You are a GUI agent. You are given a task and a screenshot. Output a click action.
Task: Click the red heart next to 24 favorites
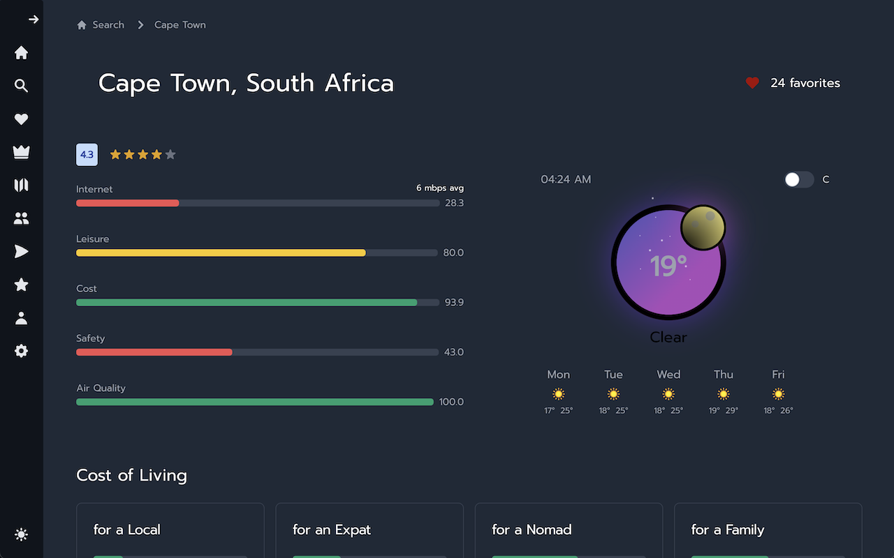click(x=752, y=83)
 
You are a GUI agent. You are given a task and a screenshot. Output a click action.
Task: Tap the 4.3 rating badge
click(x=87, y=155)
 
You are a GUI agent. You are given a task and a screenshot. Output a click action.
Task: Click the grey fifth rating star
click(x=170, y=155)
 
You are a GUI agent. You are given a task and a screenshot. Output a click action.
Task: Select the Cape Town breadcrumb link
click(x=179, y=25)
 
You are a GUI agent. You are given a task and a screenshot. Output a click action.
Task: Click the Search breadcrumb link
click(x=108, y=25)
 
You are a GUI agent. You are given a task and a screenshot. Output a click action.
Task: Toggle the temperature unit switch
click(x=799, y=180)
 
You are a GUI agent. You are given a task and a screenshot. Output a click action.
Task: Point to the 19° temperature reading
click(x=668, y=266)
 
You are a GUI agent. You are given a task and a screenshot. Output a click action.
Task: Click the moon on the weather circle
click(x=703, y=227)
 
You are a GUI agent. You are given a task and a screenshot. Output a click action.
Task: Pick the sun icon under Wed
click(x=668, y=394)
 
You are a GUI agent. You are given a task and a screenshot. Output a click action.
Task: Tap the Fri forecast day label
click(x=778, y=375)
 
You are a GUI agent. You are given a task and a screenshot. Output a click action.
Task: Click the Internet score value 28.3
click(x=454, y=203)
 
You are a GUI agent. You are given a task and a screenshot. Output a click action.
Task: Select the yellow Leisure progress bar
click(x=221, y=252)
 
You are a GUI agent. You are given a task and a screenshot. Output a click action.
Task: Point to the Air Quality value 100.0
click(x=451, y=402)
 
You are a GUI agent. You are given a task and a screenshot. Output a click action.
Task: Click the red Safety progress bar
click(x=154, y=352)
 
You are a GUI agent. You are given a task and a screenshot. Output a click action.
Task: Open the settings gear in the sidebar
click(x=22, y=351)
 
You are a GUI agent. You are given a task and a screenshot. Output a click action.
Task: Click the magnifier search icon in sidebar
click(x=22, y=86)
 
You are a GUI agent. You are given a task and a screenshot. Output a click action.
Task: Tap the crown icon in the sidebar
click(x=22, y=152)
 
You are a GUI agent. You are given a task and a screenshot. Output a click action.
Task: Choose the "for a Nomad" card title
click(x=532, y=529)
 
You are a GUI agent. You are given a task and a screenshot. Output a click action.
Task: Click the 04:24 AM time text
click(x=566, y=180)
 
